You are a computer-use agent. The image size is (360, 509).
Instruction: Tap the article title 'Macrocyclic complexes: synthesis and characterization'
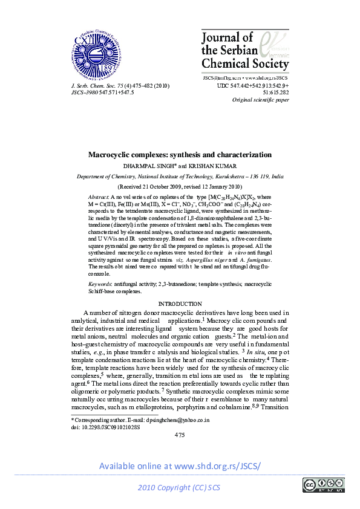180,155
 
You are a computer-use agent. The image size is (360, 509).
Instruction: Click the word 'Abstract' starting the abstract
98,197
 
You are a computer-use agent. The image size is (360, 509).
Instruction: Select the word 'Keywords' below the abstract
100,283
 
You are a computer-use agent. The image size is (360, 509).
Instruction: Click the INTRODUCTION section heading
180,303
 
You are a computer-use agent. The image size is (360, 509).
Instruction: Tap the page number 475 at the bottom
180,434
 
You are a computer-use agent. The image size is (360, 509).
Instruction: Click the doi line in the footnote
105,426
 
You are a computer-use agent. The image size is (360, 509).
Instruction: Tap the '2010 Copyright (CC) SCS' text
180,488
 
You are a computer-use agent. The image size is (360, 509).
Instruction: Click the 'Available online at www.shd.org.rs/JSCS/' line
180,466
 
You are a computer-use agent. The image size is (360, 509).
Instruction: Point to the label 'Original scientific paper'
261,100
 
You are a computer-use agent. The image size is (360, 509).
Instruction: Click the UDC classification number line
252,86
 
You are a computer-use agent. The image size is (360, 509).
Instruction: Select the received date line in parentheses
180,187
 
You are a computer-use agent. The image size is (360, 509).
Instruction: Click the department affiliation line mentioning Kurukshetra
180,176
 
